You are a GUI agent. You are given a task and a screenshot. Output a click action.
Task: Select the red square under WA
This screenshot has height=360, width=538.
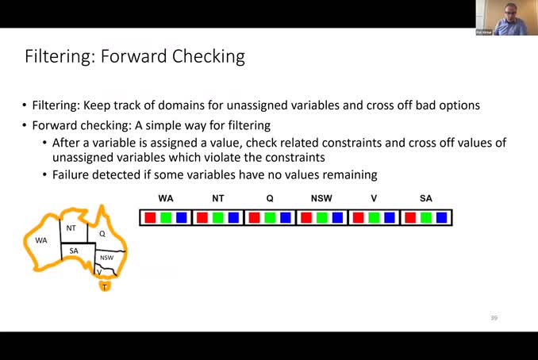point(149,217)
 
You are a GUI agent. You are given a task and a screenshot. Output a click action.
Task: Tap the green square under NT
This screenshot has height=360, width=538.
point(217,217)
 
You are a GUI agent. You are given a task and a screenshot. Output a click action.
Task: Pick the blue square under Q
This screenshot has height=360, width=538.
point(285,217)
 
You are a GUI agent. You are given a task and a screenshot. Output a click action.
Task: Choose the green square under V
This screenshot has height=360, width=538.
point(373,217)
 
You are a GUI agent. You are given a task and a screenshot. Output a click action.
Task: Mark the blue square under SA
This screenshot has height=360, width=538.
point(441,217)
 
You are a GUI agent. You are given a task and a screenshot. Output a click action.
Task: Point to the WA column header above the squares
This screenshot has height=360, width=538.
point(165,198)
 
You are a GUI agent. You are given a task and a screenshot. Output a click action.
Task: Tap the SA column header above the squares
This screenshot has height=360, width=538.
point(425,198)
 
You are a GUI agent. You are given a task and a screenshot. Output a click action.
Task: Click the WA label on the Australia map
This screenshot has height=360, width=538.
point(41,239)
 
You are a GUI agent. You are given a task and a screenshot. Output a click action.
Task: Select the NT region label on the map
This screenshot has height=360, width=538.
point(71,228)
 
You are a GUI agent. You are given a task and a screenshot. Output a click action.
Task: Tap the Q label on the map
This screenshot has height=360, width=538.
point(102,234)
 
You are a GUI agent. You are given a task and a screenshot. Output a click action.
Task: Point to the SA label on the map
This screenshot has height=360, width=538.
point(74,251)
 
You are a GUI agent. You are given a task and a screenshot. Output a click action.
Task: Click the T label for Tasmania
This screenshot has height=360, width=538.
point(104,286)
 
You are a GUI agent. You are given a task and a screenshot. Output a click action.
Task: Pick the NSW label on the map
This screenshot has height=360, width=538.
point(106,258)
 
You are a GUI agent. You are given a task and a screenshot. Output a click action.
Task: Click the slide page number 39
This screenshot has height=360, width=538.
point(493,318)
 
